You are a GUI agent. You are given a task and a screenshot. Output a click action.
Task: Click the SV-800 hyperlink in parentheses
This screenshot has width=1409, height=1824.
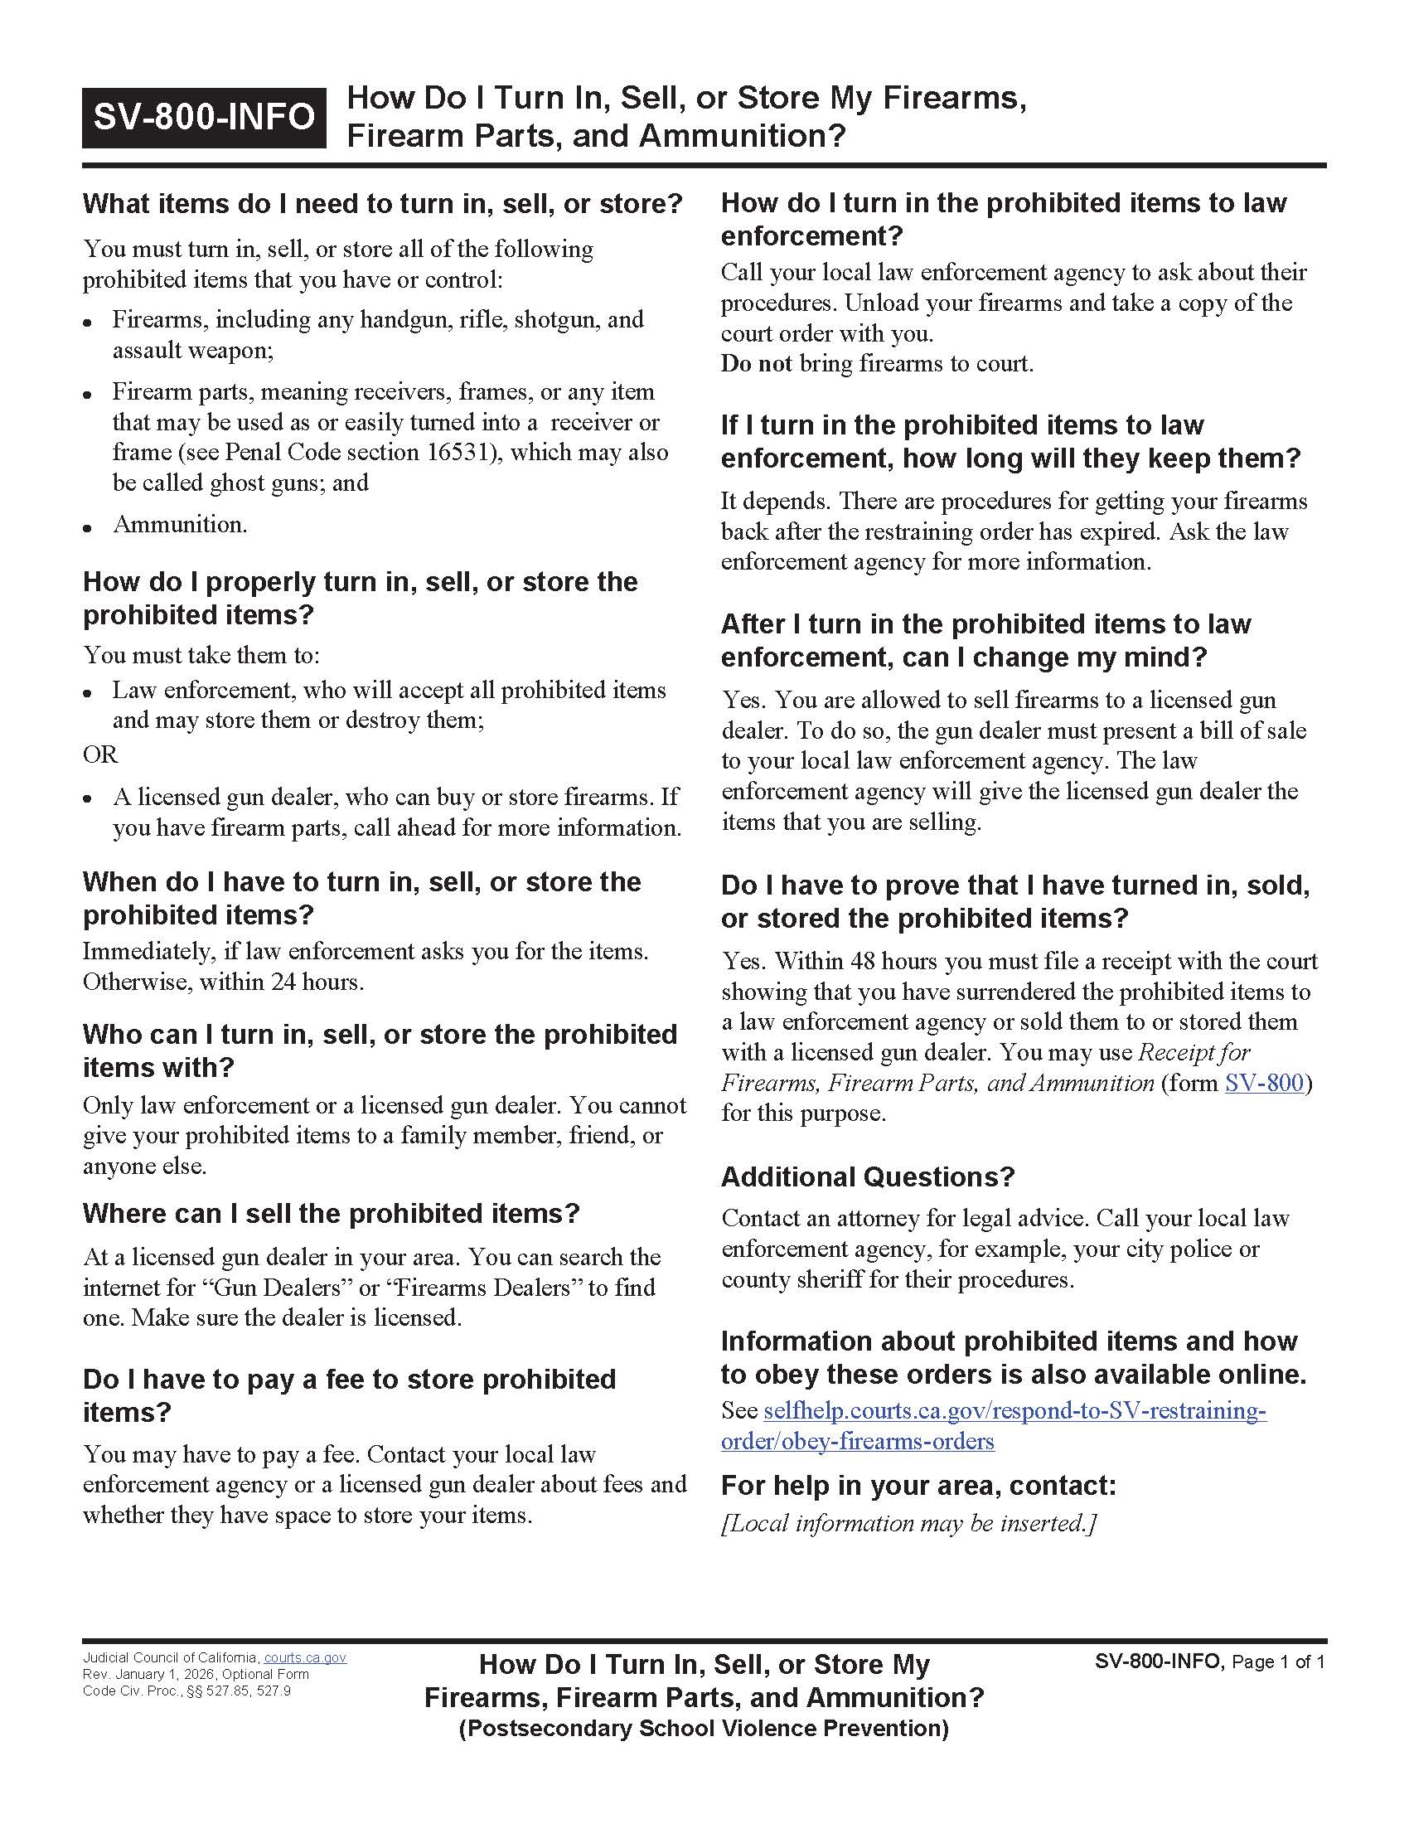click(x=1264, y=1084)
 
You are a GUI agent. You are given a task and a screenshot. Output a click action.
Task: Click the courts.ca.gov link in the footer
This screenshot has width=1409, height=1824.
click(x=305, y=1658)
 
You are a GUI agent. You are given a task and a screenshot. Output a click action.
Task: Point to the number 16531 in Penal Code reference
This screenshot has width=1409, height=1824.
click(x=463, y=453)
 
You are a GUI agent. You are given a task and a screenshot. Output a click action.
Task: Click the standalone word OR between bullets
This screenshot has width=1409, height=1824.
click(x=100, y=755)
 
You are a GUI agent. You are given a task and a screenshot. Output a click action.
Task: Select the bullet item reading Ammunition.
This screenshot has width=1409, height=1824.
click(x=181, y=525)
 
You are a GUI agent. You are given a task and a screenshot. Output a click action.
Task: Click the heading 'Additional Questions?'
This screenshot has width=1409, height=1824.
click(x=867, y=1176)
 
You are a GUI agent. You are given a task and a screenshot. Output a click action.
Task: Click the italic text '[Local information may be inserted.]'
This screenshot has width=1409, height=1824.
click(x=908, y=1523)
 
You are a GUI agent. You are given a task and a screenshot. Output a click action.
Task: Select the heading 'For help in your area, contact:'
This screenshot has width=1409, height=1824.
click(x=918, y=1486)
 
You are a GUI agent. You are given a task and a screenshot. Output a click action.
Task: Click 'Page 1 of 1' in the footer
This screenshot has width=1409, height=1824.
click(x=1278, y=1662)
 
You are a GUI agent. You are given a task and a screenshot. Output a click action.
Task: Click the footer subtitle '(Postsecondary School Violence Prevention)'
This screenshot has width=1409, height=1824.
click(x=704, y=1728)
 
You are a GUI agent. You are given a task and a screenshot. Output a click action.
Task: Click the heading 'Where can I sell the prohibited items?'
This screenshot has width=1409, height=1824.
click(x=331, y=1214)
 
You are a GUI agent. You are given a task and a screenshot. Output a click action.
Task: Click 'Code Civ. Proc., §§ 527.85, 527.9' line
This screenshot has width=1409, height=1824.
click(x=186, y=1691)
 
